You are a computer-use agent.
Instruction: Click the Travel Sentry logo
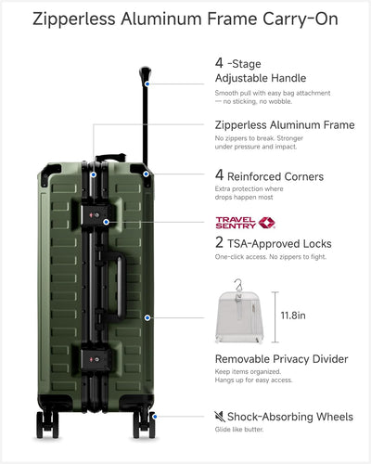(245, 223)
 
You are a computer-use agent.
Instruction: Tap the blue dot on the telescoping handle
(147, 84)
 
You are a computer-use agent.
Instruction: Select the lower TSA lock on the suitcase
(95, 359)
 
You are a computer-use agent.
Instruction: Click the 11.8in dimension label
(293, 316)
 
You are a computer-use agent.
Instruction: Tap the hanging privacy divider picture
(239, 312)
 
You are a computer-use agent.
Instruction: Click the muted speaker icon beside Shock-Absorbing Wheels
(220, 417)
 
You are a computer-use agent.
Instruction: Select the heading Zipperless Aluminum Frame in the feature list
(285, 125)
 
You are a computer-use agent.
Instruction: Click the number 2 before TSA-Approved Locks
(219, 242)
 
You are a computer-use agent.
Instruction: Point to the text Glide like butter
(239, 430)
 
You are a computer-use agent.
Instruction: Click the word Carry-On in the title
(301, 19)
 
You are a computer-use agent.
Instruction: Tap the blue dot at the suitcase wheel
(155, 417)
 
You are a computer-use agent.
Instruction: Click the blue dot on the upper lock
(106, 222)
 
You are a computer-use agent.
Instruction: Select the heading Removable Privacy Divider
(281, 359)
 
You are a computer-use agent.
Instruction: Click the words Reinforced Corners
(275, 176)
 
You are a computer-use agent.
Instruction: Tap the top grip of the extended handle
(145, 73)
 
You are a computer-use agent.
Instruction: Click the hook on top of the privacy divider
(237, 285)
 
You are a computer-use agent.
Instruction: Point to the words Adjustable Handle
(261, 78)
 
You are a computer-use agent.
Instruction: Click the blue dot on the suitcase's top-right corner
(146, 174)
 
